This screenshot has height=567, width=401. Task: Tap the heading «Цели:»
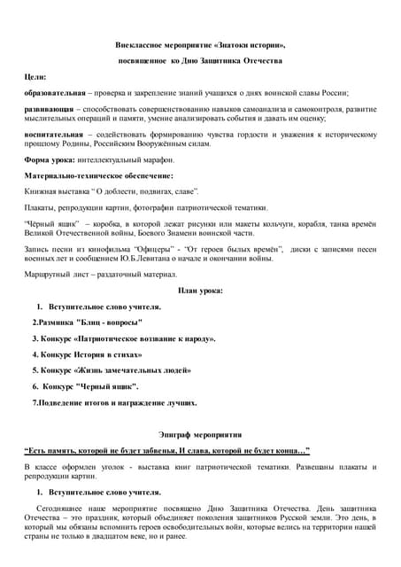click(x=35, y=76)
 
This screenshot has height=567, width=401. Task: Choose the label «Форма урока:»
click(x=52, y=159)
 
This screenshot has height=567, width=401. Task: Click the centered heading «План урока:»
click(x=200, y=291)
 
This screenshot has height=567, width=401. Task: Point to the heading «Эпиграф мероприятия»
click(x=200, y=435)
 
